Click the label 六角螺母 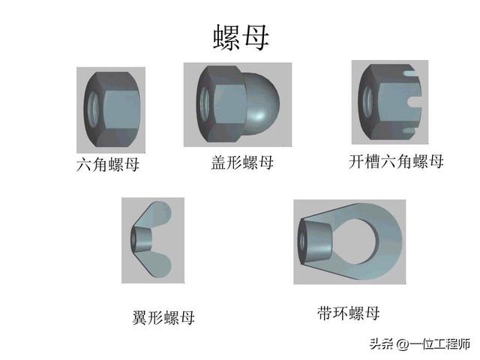[108, 164]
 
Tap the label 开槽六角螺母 [396, 161]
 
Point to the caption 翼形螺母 [158, 317]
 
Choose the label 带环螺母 [348, 313]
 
